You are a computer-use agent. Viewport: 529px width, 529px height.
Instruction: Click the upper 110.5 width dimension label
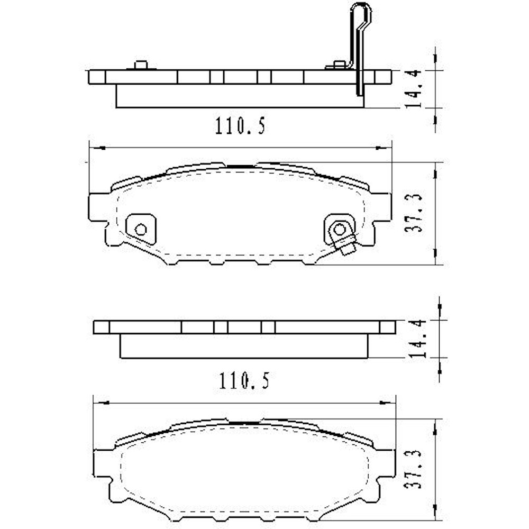240,126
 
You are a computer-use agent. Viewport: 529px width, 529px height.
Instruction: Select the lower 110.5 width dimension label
244,380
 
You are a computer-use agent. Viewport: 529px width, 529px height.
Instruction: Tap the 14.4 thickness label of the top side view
413,89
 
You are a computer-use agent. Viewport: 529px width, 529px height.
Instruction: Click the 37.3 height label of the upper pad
413,214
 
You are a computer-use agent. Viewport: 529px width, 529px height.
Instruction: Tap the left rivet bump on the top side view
140,65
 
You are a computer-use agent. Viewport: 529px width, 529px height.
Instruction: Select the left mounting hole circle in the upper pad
141,229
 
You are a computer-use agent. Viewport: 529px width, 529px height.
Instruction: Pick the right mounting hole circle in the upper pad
339,229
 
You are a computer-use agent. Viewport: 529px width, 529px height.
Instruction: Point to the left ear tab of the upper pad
97,207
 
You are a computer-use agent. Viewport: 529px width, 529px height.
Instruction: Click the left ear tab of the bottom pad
102,464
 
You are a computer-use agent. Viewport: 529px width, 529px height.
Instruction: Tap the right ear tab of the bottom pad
387,464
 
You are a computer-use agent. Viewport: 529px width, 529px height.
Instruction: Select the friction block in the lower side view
243,346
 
